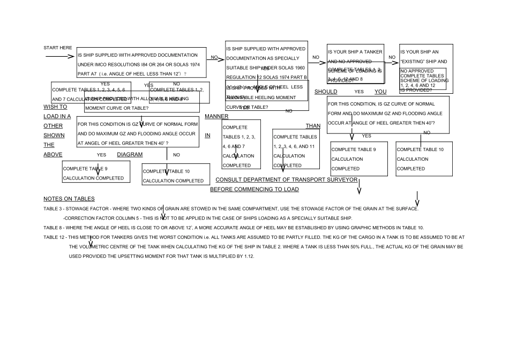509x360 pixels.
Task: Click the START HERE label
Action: pyautogui.click(x=57, y=48)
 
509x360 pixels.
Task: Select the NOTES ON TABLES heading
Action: pyautogui.click(x=70, y=199)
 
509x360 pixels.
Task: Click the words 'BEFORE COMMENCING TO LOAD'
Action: pyautogui.click(x=254, y=190)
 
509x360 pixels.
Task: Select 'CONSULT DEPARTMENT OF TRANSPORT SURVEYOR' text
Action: pyautogui.click(x=287, y=179)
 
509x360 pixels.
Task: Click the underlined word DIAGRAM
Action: pyautogui.click(x=130, y=154)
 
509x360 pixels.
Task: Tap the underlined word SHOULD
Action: pyautogui.click(x=325, y=92)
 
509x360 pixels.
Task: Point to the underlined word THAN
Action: pyautogui.click(x=312, y=126)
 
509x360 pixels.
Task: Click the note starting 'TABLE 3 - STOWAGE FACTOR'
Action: pyautogui.click(x=230, y=208)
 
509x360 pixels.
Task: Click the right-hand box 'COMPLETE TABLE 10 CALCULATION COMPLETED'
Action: pyautogui.click(x=424, y=159)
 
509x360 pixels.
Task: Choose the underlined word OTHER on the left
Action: pyautogui.click(x=54, y=126)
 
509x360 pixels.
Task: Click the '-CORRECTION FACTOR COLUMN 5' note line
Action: pyautogui.click(x=207, y=218)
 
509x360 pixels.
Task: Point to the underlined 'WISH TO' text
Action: pyautogui.click(x=55, y=107)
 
